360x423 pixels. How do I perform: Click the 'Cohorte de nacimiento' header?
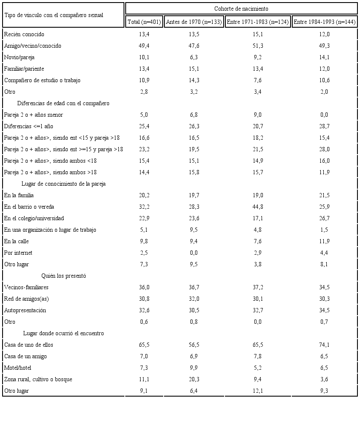(x=241, y=9)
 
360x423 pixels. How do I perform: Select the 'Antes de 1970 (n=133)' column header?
(x=194, y=22)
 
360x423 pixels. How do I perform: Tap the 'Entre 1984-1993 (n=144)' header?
(x=325, y=22)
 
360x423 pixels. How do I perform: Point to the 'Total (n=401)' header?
(x=144, y=22)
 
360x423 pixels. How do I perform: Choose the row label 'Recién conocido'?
(x=24, y=34)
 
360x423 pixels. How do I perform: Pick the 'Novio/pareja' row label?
(x=20, y=57)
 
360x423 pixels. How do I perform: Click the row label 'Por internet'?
(x=18, y=253)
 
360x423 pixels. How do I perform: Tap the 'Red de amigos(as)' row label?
(x=26, y=299)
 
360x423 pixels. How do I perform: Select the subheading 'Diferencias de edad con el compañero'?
(x=63, y=103)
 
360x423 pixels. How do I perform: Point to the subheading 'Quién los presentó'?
(x=64, y=276)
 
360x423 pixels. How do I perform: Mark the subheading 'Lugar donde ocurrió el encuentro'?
(x=63, y=333)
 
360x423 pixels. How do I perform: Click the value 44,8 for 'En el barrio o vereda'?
(x=258, y=207)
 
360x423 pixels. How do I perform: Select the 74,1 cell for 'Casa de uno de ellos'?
(x=325, y=345)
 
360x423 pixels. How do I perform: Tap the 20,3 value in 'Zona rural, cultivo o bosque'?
(x=194, y=379)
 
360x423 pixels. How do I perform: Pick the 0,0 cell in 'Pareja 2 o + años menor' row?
(x=325, y=115)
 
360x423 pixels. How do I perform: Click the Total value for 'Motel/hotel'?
(x=144, y=368)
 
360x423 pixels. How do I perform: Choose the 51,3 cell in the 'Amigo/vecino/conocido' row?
(x=258, y=46)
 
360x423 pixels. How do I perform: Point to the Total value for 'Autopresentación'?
(x=144, y=310)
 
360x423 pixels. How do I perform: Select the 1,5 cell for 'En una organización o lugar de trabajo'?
(x=325, y=230)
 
